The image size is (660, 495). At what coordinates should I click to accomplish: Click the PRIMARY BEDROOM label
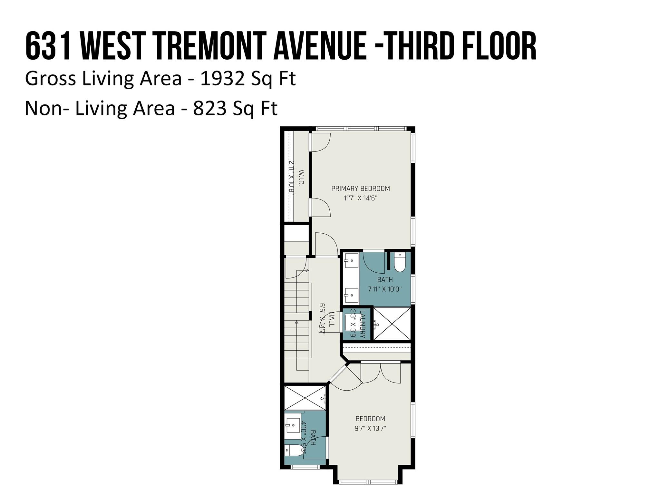360,189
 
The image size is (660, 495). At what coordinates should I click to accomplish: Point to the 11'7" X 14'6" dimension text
360,198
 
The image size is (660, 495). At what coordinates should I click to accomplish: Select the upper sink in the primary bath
351,260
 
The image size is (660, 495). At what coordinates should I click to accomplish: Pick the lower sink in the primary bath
351,295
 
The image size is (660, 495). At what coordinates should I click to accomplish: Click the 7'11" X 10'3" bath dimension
385,289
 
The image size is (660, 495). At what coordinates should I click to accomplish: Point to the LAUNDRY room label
363,324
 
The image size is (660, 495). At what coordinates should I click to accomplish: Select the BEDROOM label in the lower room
370,419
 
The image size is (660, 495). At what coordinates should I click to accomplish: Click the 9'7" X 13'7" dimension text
370,428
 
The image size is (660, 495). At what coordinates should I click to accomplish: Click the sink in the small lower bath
292,425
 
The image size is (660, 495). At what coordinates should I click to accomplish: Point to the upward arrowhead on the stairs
296,322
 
